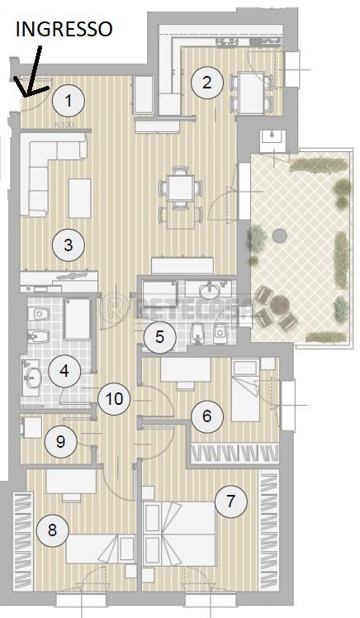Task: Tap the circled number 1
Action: (x=69, y=102)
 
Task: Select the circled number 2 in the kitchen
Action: (x=206, y=81)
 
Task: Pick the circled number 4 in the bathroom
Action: (x=64, y=371)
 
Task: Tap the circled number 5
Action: (x=160, y=336)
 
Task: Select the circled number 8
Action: (x=53, y=530)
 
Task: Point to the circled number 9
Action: (x=60, y=440)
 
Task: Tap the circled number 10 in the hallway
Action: (x=114, y=399)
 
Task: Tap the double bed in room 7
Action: (x=185, y=529)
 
